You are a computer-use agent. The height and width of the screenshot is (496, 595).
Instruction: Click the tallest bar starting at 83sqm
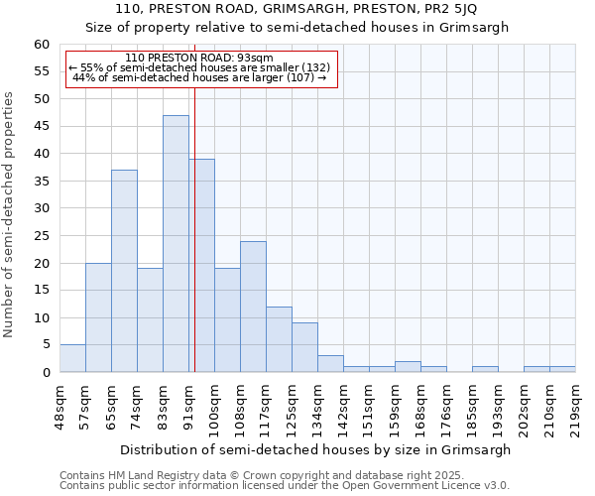pos(176,243)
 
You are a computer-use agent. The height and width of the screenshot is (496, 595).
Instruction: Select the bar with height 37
pos(124,271)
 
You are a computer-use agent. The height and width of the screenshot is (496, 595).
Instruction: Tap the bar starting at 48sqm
pos(72,358)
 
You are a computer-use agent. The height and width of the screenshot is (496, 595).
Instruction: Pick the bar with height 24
pos(253,307)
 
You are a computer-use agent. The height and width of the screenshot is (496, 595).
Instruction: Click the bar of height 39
pos(202,265)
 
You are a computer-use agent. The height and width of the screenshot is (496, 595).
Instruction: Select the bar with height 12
pos(279,339)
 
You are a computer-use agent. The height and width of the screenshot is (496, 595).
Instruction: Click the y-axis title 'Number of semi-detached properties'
pos(9,214)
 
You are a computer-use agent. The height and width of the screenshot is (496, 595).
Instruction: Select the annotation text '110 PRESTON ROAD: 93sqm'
pos(199,58)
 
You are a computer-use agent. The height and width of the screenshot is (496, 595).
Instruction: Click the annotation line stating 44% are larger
pos(199,77)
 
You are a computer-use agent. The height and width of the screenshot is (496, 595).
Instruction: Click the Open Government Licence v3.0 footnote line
pos(285,485)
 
